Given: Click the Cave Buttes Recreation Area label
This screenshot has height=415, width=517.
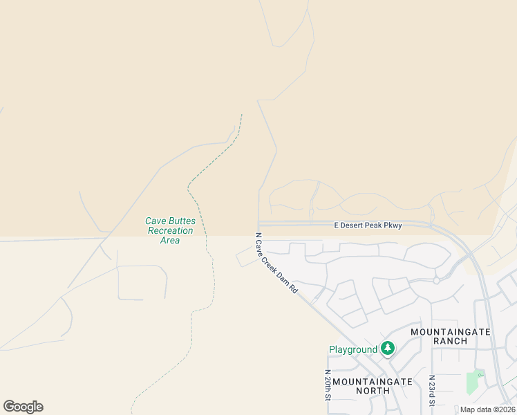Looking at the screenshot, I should (x=170, y=230).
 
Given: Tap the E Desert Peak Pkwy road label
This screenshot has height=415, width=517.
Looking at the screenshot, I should (x=368, y=225).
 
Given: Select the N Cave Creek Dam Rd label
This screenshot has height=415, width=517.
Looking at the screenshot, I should (x=276, y=263).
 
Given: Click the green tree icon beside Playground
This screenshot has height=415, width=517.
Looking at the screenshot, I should (x=388, y=349).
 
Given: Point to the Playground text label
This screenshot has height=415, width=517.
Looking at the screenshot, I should (x=352, y=350).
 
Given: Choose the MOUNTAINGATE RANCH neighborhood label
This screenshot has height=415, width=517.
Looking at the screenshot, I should (x=450, y=336).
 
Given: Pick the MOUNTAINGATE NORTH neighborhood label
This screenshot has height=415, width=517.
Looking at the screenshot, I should (x=372, y=386).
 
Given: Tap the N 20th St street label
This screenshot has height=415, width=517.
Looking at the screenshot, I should (x=328, y=385).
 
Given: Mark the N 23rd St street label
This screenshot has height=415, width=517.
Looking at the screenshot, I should (x=431, y=391).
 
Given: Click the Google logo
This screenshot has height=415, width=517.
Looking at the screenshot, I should (x=23, y=407).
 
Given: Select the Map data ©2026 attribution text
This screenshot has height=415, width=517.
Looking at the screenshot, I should (x=487, y=409).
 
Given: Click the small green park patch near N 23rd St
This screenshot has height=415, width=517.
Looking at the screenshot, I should (x=473, y=382).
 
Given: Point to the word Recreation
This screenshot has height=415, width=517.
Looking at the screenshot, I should (x=170, y=230).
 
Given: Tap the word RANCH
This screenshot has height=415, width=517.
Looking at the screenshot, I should (x=451, y=341).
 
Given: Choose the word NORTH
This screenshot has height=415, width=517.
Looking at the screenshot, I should (x=372, y=391).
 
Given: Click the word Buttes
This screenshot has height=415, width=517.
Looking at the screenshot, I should (x=181, y=221).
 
